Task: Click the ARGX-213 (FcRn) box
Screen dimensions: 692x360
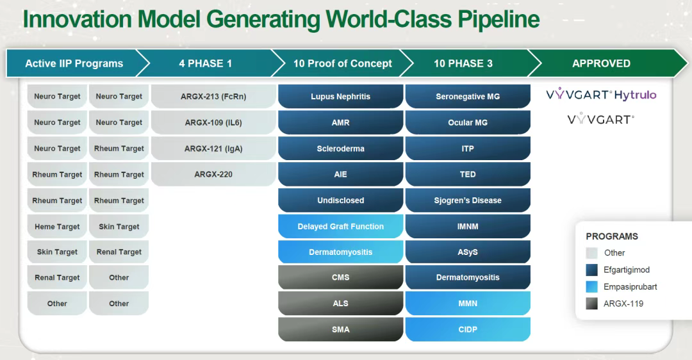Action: pos(213,97)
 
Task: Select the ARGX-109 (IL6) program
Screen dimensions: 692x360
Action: pos(213,122)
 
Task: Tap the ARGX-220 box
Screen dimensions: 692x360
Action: pos(213,174)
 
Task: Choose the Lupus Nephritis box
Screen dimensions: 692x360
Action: pos(341,97)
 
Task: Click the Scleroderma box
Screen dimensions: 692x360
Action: pos(341,149)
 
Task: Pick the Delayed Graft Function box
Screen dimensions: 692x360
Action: pos(341,226)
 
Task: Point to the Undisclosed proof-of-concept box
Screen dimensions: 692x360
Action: pos(341,200)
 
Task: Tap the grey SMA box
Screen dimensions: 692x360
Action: pos(341,329)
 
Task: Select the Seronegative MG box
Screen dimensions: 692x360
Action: pos(468,97)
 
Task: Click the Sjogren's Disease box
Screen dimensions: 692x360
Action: pos(468,200)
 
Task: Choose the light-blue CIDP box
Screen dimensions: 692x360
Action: pos(468,329)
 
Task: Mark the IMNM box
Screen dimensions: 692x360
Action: pos(468,226)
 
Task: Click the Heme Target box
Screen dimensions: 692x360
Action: pos(58,226)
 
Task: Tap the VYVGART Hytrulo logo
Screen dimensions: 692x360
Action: pos(601,94)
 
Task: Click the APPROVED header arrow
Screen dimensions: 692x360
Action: pos(607,63)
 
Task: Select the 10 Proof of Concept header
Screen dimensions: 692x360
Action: pos(342,63)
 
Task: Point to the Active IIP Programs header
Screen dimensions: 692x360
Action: pos(74,63)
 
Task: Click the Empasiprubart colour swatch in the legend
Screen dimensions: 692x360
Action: pos(592,287)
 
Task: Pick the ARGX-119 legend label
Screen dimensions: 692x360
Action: pos(623,304)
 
